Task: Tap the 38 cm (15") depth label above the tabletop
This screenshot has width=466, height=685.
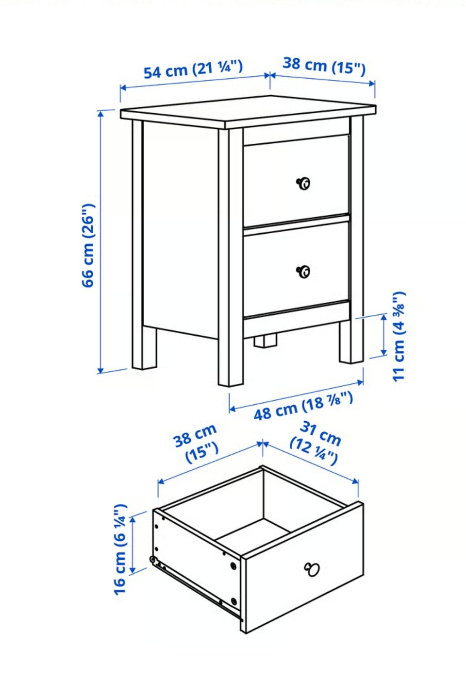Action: coord(324,66)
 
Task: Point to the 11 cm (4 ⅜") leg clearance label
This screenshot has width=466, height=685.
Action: coord(399,336)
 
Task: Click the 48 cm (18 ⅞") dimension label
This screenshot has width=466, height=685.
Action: coord(303,406)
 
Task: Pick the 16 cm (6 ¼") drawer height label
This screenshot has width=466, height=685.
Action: coord(120,549)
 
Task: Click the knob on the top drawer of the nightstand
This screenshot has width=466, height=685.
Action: coord(303,184)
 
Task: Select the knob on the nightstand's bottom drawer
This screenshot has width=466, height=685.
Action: coord(303,271)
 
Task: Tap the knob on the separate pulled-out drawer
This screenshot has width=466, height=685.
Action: coord(312,569)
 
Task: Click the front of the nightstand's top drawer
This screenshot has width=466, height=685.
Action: coord(296,180)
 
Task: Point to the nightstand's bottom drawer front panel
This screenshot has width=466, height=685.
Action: coord(296,269)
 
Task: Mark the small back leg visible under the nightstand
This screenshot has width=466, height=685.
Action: coord(265,341)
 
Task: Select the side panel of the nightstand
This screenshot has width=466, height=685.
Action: coord(180,229)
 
